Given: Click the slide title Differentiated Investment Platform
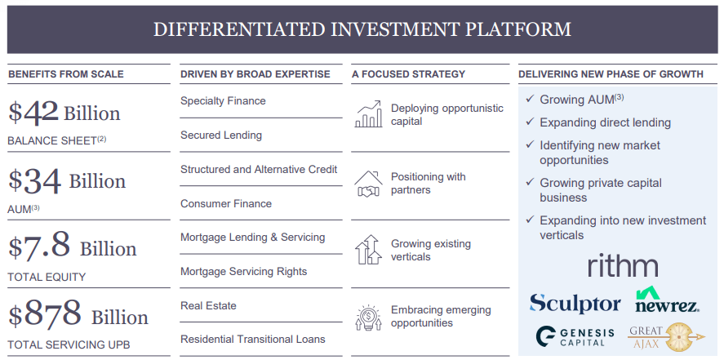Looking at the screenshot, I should (x=362, y=29).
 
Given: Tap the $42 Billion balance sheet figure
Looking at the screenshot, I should (x=64, y=113).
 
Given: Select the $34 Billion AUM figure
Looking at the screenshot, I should (x=67, y=180).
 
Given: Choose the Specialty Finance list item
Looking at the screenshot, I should (x=223, y=101).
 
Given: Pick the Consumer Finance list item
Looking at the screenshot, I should (x=226, y=203).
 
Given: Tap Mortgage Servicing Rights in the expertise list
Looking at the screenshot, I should (x=243, y=271).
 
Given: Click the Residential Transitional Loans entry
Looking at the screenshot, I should (x=252, y=339).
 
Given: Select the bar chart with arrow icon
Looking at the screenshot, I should (x=368, y=114).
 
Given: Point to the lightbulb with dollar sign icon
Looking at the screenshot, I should (x=368, y=317).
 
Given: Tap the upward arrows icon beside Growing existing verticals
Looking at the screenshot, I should (x=368, y=250).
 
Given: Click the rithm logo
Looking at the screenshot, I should (x=622, y=265).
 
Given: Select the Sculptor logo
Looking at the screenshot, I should (x=575, y=304).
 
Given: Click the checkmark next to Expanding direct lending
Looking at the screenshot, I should (x=529, y=122).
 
